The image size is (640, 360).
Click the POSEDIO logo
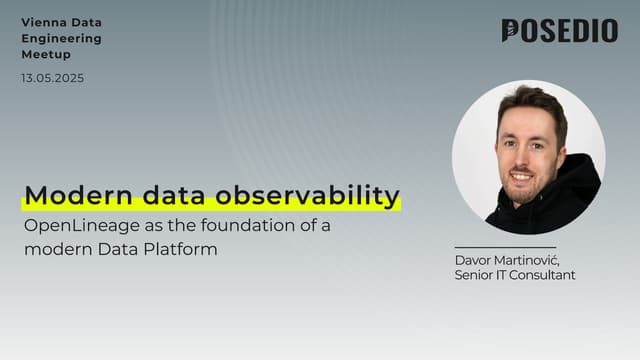pyautogui.click(x=559, y=31)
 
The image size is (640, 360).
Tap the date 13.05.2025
pyautogui.click(x=52, y=79)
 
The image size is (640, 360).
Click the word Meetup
pyautogui.click(x=46, y=55)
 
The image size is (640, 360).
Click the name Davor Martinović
pyautogui.click(x=505, y=260)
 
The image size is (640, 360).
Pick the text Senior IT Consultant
pyautogui.click(x=514, y=275)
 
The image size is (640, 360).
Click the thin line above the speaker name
pyautogui.click(x=505, y=247)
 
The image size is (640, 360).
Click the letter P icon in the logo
pyautogui.click(x=512, y=31)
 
